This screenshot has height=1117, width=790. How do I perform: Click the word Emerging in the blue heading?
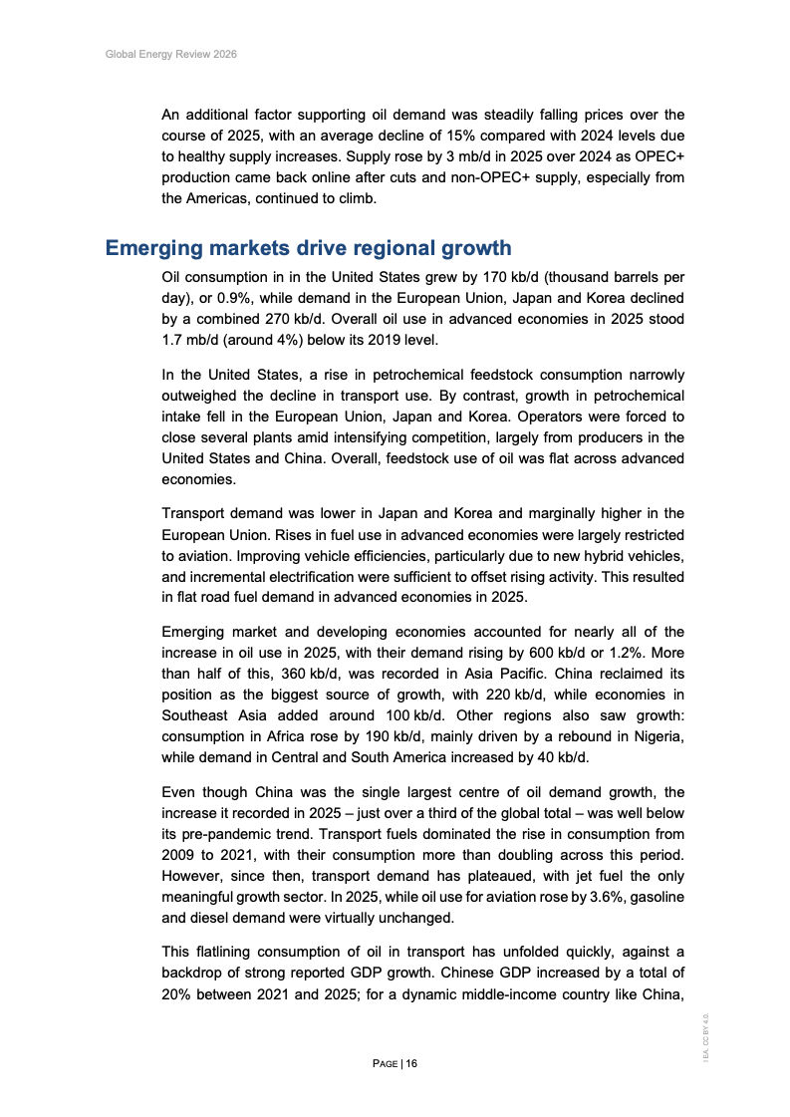tap(156, 248)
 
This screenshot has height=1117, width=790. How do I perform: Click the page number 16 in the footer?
tap(411, 1064)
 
